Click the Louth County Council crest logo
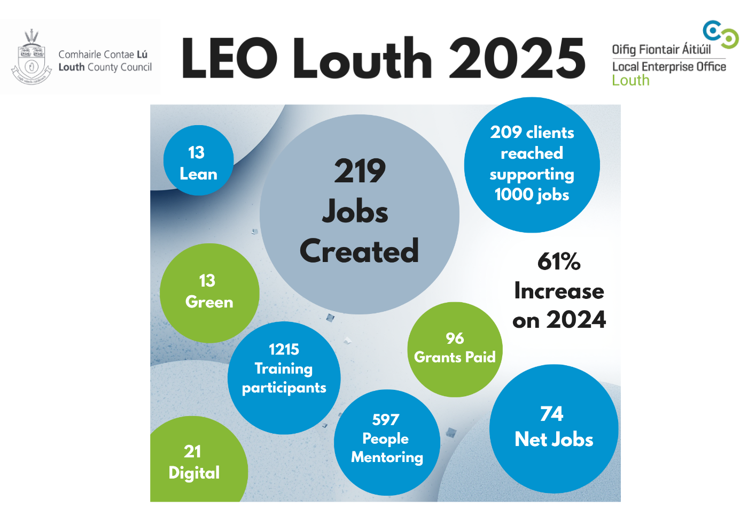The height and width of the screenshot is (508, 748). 32,58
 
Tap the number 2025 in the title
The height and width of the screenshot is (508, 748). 517,58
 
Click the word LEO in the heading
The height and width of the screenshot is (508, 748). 230,58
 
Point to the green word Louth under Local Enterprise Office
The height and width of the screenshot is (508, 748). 630,81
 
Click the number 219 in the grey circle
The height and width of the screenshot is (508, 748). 360,171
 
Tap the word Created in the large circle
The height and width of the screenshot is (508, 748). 359,251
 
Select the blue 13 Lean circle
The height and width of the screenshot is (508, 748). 198,160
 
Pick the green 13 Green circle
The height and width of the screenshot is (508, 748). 209,293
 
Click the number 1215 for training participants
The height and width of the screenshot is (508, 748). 284,349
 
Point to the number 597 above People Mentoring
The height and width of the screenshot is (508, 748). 386,420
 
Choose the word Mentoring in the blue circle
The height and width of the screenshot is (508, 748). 387,458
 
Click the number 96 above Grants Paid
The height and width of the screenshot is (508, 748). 455,338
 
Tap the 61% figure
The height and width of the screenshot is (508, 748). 559,261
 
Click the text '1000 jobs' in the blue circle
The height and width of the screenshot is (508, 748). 532,195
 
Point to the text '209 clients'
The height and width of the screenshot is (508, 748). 532,133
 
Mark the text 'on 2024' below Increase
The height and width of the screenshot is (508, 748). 559,320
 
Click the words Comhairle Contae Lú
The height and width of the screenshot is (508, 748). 103,55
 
